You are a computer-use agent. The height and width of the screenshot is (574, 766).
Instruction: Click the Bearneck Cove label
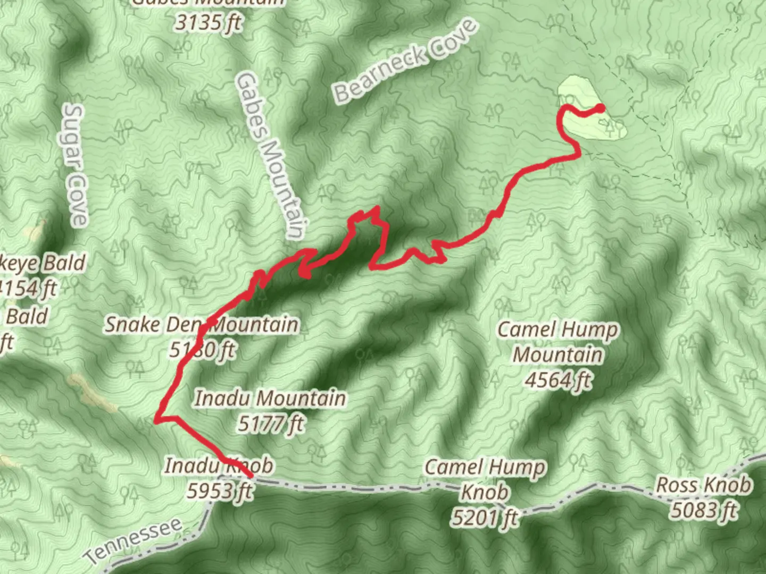[x=405, y=61]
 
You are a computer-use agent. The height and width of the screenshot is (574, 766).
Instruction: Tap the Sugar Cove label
[x=76, y=165]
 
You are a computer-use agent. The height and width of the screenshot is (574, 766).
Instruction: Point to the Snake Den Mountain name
[x=201, y=324]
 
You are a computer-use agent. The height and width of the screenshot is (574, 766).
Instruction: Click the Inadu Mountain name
[x=270, y=398]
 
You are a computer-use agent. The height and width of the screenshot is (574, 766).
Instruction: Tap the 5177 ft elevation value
[x=271, y=424]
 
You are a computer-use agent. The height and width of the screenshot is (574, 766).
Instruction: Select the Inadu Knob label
[x=219, y=466]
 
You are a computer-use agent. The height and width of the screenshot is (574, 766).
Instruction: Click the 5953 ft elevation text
[x=219, y=491]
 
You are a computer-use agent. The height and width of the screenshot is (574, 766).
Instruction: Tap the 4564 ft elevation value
[x=558, y=379]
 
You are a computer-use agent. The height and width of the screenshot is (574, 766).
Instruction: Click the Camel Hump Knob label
[x=485, y=480]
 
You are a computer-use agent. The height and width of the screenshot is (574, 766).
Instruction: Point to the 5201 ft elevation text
[x=485, y=517]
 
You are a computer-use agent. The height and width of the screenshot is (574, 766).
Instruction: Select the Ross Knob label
[x=703, y=485]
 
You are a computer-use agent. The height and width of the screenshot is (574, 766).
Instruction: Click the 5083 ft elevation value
[x=703, y=510]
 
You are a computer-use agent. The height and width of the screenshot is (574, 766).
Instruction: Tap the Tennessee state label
[x=134, y=541]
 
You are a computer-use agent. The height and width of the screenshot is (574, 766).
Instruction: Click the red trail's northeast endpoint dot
[x=601, y=108]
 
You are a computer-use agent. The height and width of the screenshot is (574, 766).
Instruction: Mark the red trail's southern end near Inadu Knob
[x=249, y=475]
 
